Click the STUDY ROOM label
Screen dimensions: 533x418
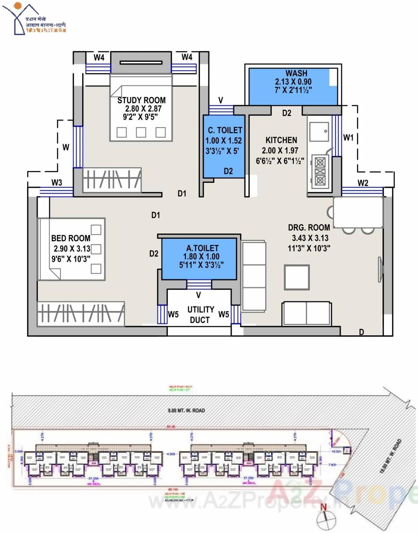coord(141,100)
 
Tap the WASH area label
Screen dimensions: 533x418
coord(296,73)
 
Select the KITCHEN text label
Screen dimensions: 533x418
coord(281,140)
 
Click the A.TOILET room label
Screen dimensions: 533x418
coord(202,248)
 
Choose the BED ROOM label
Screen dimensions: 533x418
coord(71,238)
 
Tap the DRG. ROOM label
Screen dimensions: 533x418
coord(309,227)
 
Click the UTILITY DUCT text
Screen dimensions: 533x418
coord(200,315)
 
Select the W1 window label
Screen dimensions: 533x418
coord(348,137)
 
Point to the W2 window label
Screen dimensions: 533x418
coord(363,183)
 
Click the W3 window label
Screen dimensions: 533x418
coord(57,182)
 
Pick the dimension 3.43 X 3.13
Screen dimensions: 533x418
coord(310,238)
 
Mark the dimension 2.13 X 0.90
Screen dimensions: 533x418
coord(293,81)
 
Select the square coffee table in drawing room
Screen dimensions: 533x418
coord(297,277)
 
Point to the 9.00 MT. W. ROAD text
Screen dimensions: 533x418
coord(186,410)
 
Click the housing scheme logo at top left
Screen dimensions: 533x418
coord(34,19)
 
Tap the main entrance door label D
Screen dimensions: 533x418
coord(361,332)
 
